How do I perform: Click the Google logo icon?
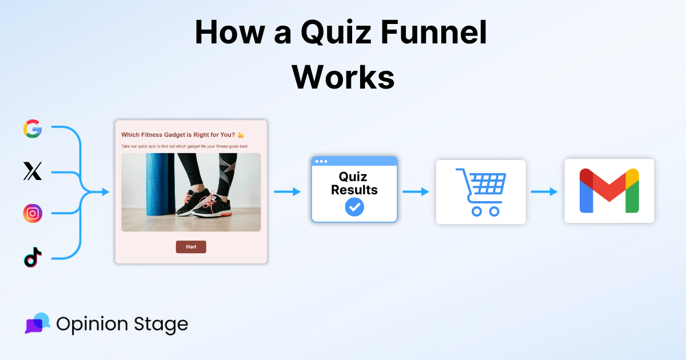point(33,129)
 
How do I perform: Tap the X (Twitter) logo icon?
point(33,171)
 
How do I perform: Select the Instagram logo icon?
point(33,213)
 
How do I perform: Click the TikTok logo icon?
point(33,257)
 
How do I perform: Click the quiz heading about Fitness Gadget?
point(178,135)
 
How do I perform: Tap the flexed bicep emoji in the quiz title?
point(241,135)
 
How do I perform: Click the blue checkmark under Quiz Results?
point(354,207)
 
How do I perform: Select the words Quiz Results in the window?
point(354,183)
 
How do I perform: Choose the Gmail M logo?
point(609,191)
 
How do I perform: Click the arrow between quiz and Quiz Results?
point(288,192)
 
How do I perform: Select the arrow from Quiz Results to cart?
point(416,192)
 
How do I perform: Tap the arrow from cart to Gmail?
point(544,192)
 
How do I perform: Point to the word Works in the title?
point(344,77)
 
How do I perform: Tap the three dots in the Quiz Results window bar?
point(321,161)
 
